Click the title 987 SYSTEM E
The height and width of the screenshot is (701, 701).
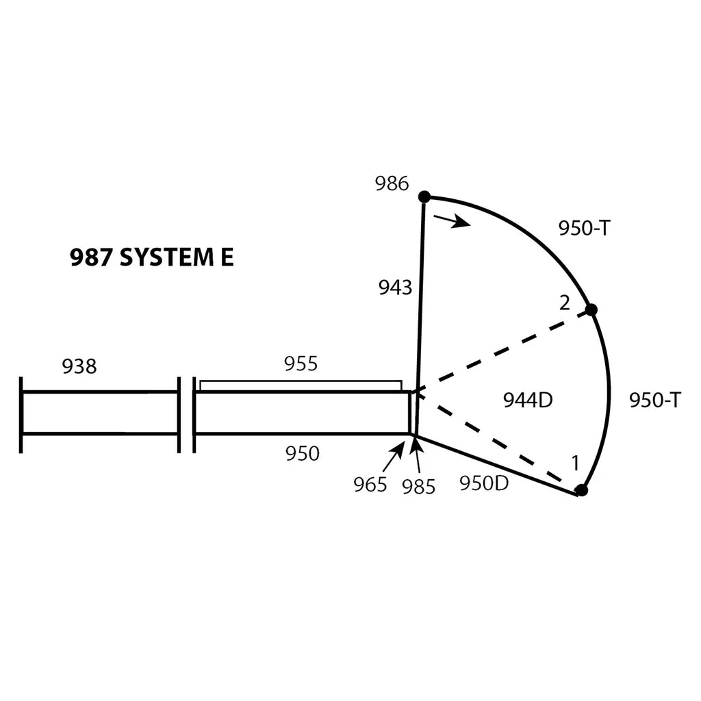(x=151, y=257)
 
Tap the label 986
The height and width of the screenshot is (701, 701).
(x=392, y=183)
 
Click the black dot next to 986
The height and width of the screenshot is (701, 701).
(x=424, y=196)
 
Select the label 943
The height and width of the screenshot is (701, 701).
(x=395, y=288)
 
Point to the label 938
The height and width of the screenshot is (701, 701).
(x=79, y=367)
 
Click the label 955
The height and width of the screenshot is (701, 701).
(x=301, y=364)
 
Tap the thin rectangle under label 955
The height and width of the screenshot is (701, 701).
(x=301, y=386)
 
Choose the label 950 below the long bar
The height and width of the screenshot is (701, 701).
(x=303, y=454)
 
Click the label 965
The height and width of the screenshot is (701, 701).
(x=370, y=485)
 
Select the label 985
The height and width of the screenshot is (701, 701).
(x=418, y=487)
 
